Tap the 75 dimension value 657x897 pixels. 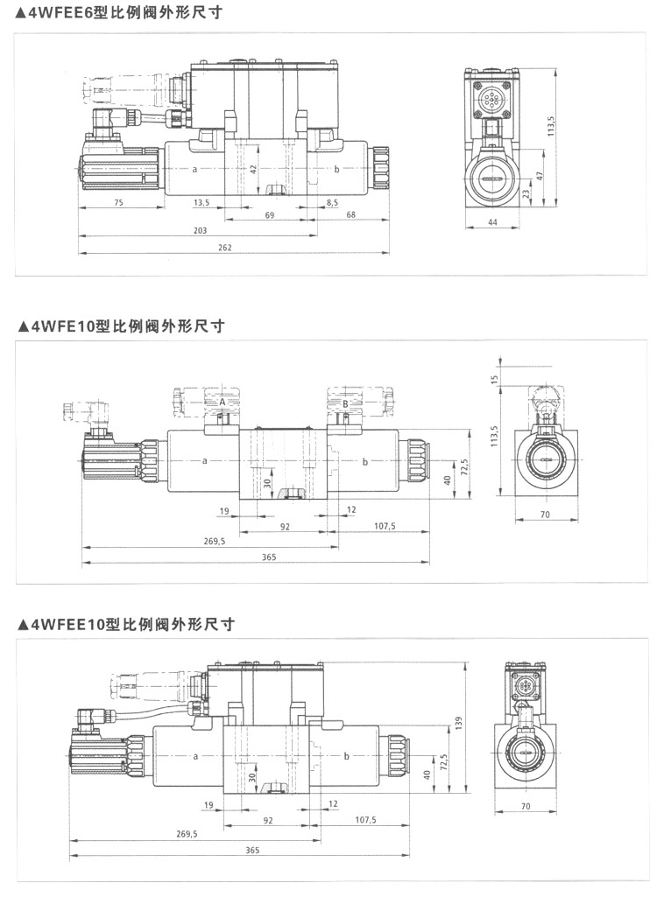118,201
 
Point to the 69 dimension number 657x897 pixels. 269,214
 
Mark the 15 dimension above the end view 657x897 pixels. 495,378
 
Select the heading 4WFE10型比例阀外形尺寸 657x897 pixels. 120,326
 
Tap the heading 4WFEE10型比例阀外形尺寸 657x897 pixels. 124,624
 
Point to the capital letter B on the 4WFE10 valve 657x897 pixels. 345,403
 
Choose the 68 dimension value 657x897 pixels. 350,214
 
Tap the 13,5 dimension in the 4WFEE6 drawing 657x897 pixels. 201,201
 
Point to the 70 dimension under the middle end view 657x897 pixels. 544,515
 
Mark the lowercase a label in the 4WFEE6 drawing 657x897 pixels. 194,167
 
